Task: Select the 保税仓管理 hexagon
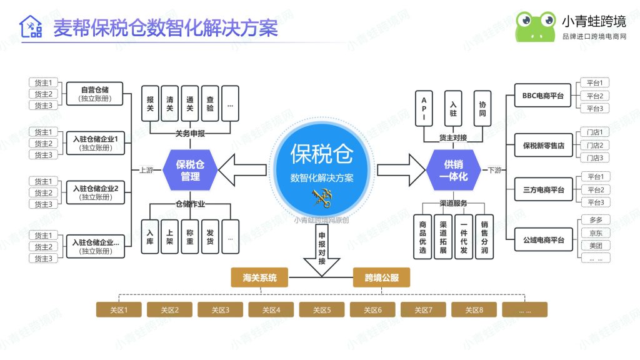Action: click(x=190, y=170)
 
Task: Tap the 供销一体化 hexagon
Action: click(x=453, y=170)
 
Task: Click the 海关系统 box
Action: click(x=259, y=277)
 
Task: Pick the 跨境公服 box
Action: click(x=381, y=277)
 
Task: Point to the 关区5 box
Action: click(x=322, y=310)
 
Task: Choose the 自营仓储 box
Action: click(x=95, y=94)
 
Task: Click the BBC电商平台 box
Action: click(x=542, y=96)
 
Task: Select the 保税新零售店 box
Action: click(x=543, y=145)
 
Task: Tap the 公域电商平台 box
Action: click(x=543, y=239)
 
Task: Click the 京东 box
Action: click(x=596, y=233)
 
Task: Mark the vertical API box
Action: click(x=424, y=108)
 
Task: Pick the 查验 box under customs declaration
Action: click(x=210, y=104)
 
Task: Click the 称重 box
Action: click(x=190, y=237)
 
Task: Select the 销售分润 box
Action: click(x=484, y=237)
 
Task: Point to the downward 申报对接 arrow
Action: click(x=322, y=252)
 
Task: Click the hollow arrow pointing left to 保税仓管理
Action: click(x=242, y=170)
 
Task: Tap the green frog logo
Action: click(x=536, y=26)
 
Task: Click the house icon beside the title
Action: click(x=31, y=26)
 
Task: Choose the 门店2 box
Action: click(x=595, y=145)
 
